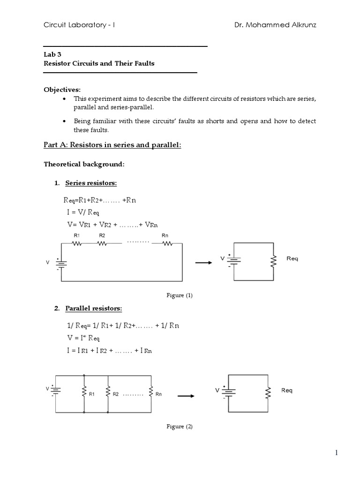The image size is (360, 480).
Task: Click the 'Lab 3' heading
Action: click(x=49, y=54)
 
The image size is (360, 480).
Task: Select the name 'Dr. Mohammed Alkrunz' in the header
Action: click(x=275, y=25)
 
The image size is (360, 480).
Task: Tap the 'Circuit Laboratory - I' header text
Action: click(x=79, y=25)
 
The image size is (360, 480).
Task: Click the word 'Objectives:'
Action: click(x=62, y=89)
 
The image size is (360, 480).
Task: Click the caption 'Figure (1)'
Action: click(x=180, y=295)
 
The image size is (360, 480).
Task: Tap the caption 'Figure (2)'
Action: click(x=180, y=427)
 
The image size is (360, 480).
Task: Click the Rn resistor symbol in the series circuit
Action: click(x=165, y=244)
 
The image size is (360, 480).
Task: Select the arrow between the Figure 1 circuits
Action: click(x=203, y=262)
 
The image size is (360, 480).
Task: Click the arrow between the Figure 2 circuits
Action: click(x=186, y=396)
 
